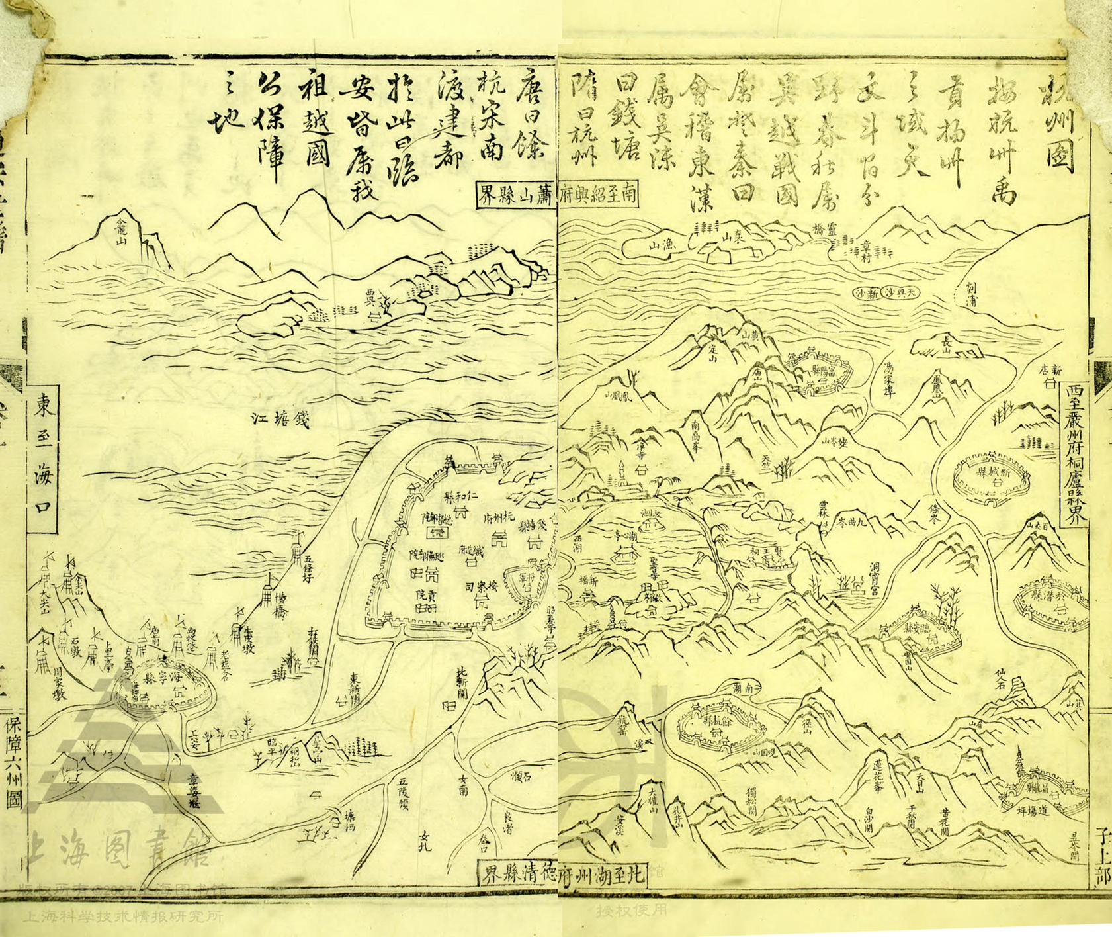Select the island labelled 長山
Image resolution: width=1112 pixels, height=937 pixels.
coord(947,344)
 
